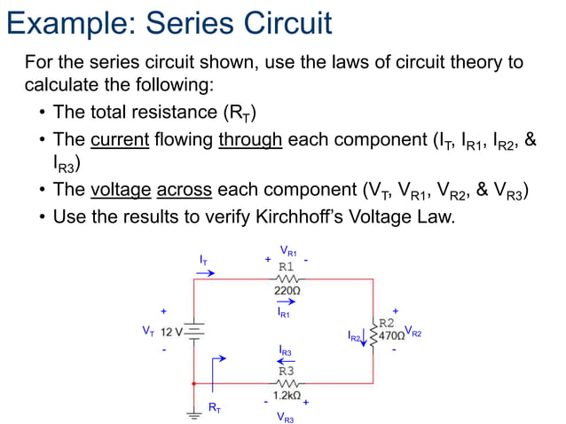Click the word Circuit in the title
(x=282, y=22)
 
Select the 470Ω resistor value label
(x=391, y=336)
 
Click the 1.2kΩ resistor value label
(x=286, y=395)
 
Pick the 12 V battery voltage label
(x=172, y=333)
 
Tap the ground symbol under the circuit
(x=194, y=411)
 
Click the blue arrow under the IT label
(x=205, y=273)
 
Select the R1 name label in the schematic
(x=287, y=265)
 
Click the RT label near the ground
(x=214, y=407)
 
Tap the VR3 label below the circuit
(x=286, y=417)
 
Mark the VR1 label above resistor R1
(x=288, y=251)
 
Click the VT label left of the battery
(x=148, y=331)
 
